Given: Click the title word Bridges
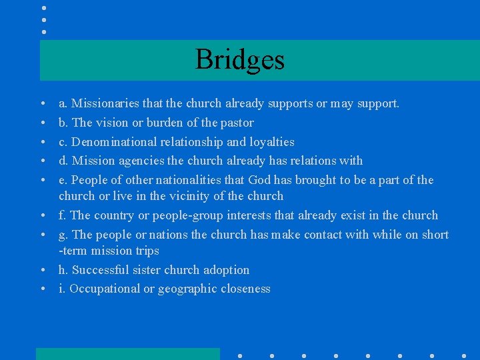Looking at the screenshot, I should tap(240, 60).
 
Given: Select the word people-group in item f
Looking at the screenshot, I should tap(187, 215).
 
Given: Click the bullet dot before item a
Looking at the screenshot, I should tap(43, 104).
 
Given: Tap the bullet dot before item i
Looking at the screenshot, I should tap(43, 289).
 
